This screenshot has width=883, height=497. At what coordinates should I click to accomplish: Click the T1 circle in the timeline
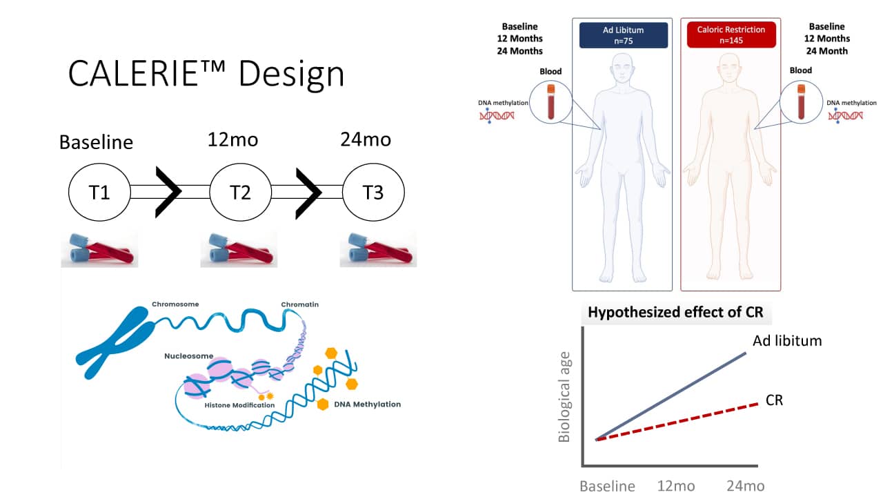99,192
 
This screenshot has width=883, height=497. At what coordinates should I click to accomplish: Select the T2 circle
240,192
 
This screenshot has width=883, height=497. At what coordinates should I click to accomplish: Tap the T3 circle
373,192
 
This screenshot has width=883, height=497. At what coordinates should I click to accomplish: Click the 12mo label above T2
233,139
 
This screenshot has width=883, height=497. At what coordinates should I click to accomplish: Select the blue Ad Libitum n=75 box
624,35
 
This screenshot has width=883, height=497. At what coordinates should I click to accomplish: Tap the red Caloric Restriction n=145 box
731,35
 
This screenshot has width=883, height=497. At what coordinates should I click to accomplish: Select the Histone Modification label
239,405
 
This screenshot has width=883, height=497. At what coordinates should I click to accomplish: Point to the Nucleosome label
188,356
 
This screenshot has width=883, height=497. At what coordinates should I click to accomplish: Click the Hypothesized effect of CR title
675,312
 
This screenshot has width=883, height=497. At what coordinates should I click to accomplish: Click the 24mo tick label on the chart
745,486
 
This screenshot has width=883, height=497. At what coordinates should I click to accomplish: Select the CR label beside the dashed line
774,400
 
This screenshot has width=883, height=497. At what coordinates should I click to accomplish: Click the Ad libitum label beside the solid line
787,340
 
